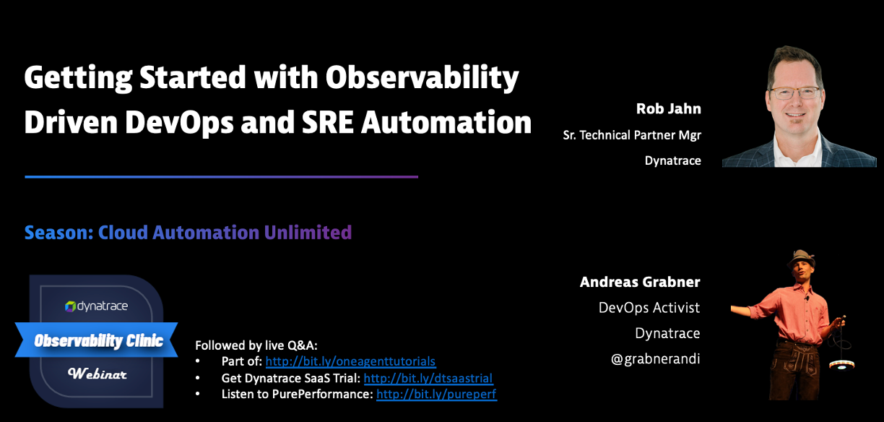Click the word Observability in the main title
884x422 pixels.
422,78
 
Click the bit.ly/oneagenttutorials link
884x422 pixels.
350,361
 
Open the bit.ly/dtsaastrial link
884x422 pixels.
428,378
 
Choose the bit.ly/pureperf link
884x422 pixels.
436,394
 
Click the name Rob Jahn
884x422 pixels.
669,108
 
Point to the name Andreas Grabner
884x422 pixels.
640,282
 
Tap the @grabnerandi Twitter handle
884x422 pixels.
656,359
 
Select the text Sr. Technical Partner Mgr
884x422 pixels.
632,135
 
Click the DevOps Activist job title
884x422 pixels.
649,308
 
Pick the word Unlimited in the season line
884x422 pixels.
308,232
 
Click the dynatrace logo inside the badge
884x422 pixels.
96,306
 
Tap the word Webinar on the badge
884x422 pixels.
97,373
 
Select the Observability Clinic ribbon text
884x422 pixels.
98,340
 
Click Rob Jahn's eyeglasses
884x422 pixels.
794,93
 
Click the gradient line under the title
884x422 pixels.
222,177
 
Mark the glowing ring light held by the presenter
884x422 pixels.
841,365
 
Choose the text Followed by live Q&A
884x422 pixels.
256,345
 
